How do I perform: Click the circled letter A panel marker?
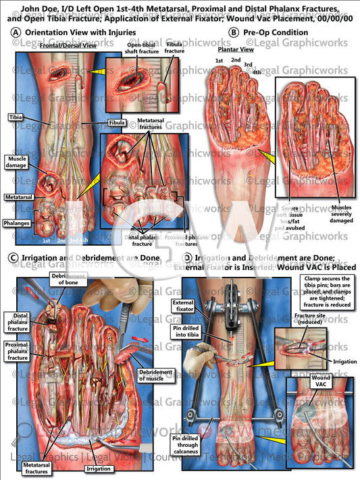click(16, 32)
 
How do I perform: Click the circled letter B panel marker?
click(234, 32)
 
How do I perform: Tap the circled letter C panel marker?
click(16, 257)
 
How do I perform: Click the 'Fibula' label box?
click(118, 123)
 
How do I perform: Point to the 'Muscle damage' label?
click(16, 162)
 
